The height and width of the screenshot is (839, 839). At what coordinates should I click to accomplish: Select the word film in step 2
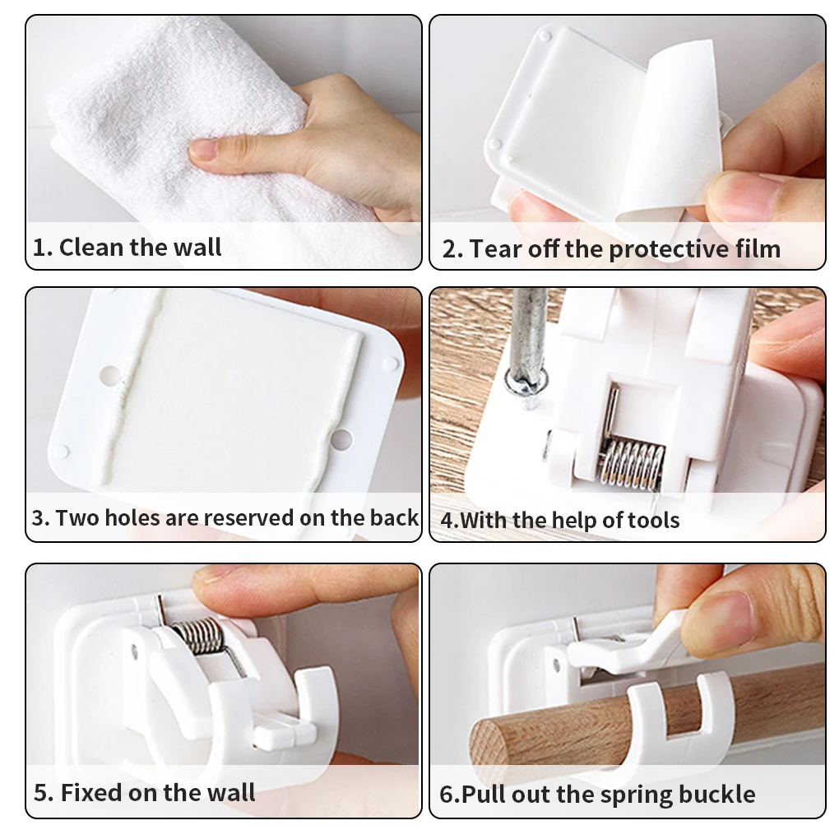click(x=758, y=248)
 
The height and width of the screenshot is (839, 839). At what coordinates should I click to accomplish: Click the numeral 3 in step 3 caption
click(x=38, y=518)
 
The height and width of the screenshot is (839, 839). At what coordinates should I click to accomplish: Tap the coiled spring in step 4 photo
click(x=632, y=463)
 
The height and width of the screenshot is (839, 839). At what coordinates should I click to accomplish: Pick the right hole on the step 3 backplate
click(x=341, y=439)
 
